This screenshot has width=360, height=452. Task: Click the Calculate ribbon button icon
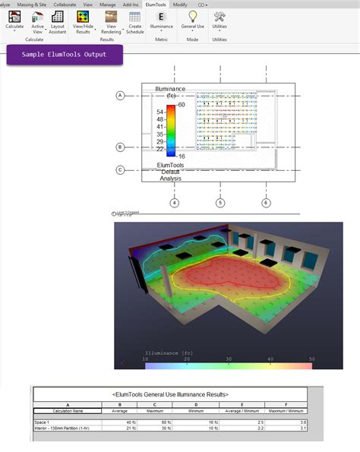[14, 15]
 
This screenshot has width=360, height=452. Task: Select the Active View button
[36, 16]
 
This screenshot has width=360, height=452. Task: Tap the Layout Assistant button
[58, 16]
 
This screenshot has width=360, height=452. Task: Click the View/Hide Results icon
[84, 16]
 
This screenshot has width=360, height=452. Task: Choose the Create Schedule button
[134, 16]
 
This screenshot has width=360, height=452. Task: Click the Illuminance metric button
[161, 16]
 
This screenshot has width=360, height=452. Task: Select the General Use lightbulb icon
[193, 15]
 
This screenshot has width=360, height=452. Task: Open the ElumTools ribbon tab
[156, 4]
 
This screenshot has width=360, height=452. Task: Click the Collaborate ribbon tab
[65, 4]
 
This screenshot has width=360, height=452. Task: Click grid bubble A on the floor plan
[120, 96]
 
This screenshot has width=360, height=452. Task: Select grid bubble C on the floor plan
[120, 170]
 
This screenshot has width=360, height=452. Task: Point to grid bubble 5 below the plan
[220, 203]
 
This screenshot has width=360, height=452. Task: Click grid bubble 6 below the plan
[266, 203]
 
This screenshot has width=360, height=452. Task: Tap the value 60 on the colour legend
[182, 104]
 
